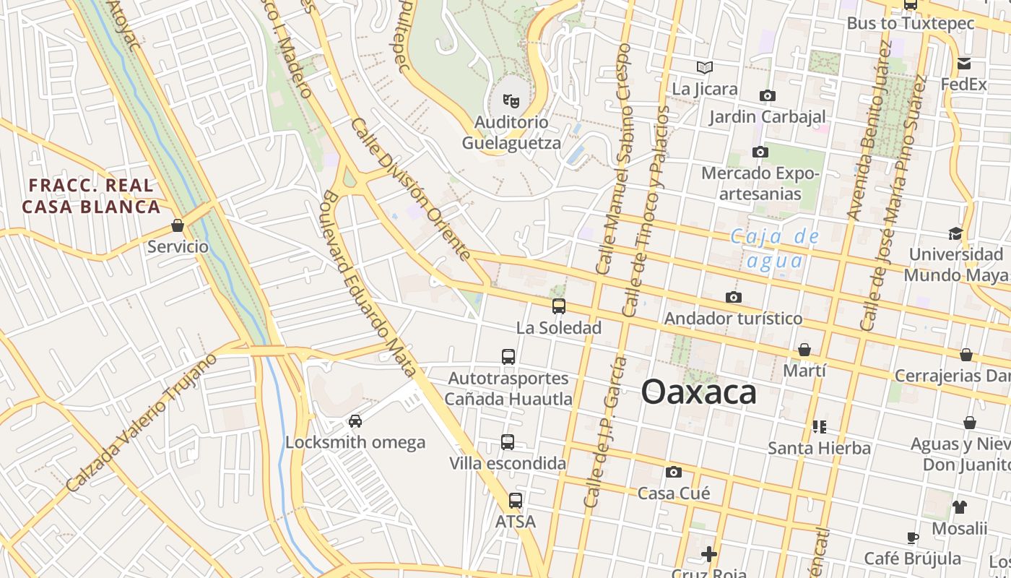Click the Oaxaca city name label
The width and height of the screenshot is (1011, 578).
pyautogui.click(x=698, y=392)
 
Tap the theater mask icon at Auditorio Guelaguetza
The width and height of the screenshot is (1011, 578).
pyautogui.click(x=511, y=100)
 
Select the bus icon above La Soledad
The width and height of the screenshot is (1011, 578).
pyautogui.click(x=558, y=306)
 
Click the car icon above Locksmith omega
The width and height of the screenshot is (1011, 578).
pyautogui.click(x=355, y=421)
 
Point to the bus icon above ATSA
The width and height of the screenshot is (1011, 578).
pyautogui.click(x=515, y=500)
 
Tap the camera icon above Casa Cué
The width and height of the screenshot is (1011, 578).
pyautogui.click(x=673, y=473)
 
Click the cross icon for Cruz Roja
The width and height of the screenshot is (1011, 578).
pyautogui.click(x=708, y=554)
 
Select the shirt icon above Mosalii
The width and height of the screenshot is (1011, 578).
pyautogui.click(x=959, y=507)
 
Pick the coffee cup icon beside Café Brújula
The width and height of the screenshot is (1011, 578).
pyautogui.click(x=913, y=538)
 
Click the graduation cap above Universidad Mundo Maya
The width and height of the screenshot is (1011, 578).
pyautogui.click(x=955, y=233)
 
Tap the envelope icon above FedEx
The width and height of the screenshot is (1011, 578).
pyautogui.click(x=963, y=64)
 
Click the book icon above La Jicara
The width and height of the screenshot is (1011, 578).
pyautogui.click(x=705, y=68)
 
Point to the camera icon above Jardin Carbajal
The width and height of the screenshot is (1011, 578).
pyautogui.click(x=767, y=95)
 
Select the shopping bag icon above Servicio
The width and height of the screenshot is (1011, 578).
pyautogui.click(x=178, y=226)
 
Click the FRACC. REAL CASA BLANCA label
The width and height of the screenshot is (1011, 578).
pyautogui.click(x=91, y=197)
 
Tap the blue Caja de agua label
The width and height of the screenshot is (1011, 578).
pyautogui.click(x=775, y=248)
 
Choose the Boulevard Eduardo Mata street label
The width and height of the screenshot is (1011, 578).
pyautogui.click(x=368, y=284)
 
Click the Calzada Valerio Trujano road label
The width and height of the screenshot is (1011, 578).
pyautogui.click(x=141, y=423)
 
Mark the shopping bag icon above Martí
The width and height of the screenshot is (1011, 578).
pyautogui.click(x=804, y=350)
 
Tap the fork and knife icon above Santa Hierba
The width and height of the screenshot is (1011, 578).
pyautogui.click(x=819, y=427)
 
